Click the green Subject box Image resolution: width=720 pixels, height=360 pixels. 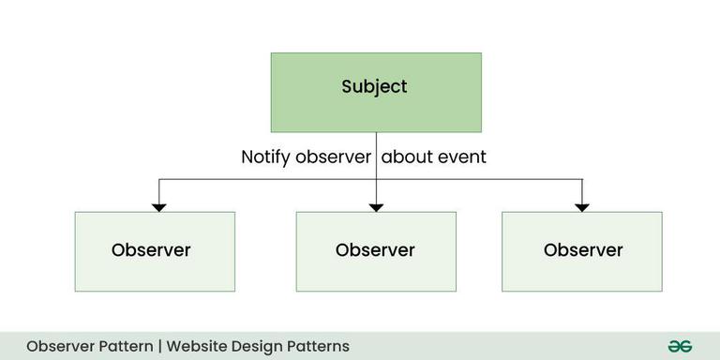pyautogui.click(x=376, y=92)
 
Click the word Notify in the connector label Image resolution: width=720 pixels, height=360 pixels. pyautogui.click(x=266, y=157)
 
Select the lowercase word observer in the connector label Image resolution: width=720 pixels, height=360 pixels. pyautogui.click(x=333, y=157)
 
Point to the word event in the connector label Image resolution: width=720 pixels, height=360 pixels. pyautogui.click(x=462, y=157)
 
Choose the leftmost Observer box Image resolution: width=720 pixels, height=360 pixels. pyautogui.click(x=155, y=251)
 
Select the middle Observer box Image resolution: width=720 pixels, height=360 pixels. pyautogui.click(x=376, y=251)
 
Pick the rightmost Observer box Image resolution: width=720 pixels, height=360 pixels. pyautogui.click(x=582, y=251)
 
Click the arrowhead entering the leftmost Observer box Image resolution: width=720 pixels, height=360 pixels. pyautogui.click(x=159, y=205)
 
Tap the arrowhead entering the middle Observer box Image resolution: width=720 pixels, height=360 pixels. pyautogui.click(x=376, y=205)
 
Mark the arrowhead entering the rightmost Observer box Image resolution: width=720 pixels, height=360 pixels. pyautogui.click(x=582, y=205)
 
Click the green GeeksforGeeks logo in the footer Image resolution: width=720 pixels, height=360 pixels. pyautogui.click(x=680, y=346)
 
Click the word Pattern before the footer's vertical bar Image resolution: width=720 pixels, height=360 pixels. pyautogui.click(x=125, y=346)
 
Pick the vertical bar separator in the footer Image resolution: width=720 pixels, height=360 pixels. pyautogui.click(x=160, y=346)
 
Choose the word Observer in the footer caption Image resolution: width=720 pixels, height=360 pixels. pyautogui.click(x=60, y=346)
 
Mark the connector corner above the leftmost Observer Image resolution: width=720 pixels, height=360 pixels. pyautogui.click(x=159, y=179)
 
